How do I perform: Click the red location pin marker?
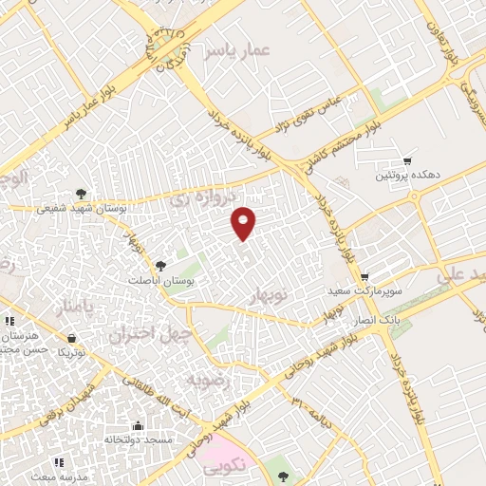(x=244, y=222)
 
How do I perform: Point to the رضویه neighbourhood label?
(x=208, y=380)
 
